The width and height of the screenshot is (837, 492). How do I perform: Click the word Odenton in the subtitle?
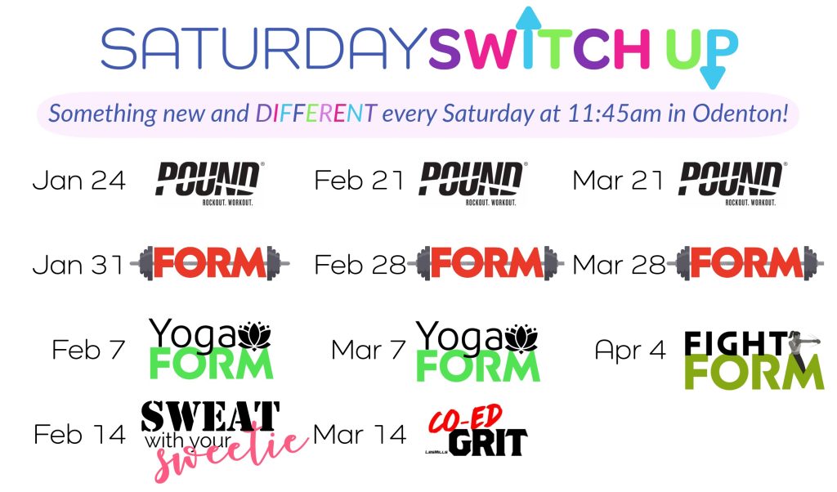[743, 113]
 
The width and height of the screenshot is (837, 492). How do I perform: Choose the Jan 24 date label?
[78, 181]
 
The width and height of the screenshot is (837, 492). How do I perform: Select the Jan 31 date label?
[78, 265]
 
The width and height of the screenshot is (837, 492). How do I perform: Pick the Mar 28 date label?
[619, 265]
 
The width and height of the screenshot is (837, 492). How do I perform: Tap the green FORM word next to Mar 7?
[478, 366]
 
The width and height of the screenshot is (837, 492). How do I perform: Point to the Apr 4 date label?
[629, 350]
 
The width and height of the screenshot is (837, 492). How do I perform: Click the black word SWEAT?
[210, 417]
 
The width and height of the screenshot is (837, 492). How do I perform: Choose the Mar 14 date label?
[359, 435]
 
